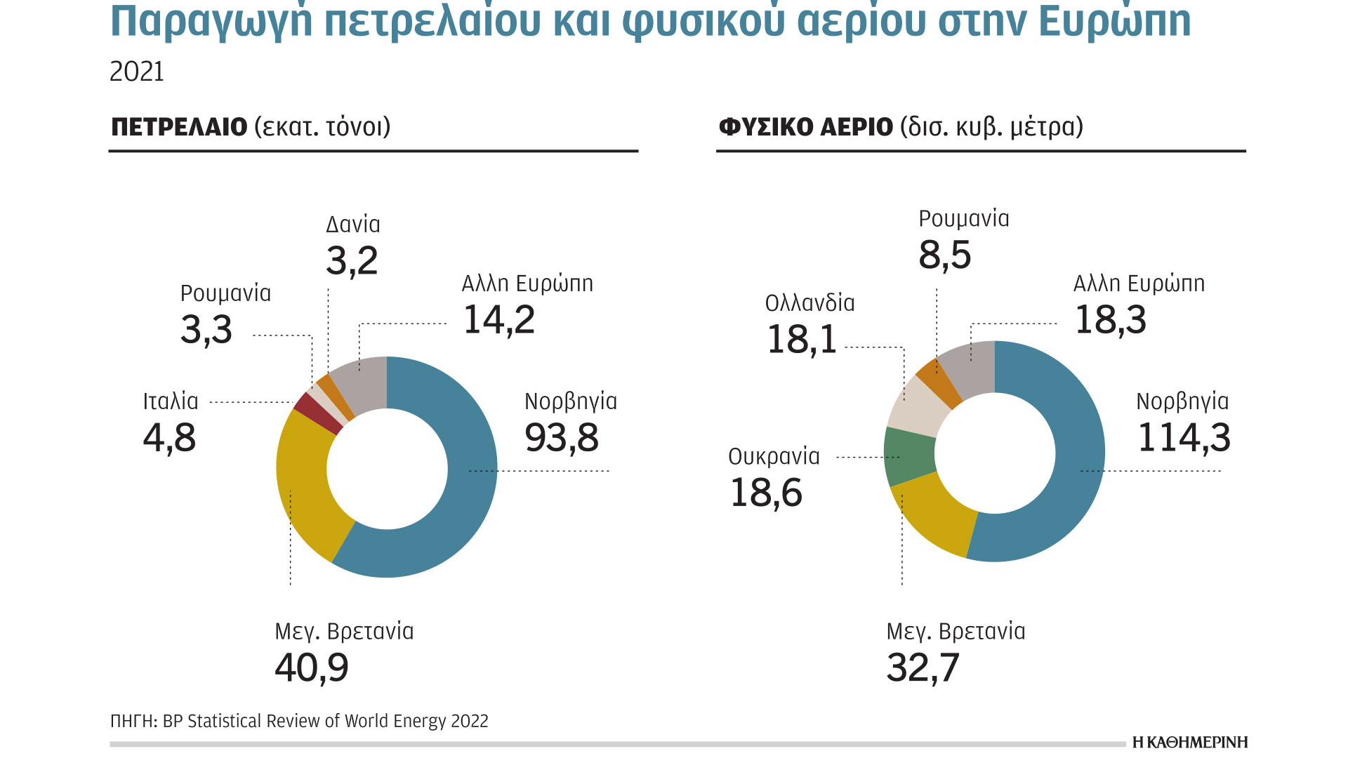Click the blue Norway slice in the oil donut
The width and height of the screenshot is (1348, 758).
coord(463,477)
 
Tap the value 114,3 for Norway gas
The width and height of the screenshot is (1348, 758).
coord(1184,437)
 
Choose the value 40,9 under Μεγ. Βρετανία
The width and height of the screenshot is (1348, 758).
coord(312,667)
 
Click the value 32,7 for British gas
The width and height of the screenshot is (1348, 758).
coord(923,667)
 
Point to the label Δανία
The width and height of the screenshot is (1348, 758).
coord(353,225)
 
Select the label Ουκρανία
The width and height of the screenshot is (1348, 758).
coord(774,457)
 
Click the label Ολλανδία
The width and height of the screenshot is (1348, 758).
coord(810,303)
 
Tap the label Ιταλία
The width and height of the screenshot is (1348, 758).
coord(171,401)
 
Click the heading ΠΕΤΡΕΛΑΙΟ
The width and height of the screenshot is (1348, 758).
coord(179,127)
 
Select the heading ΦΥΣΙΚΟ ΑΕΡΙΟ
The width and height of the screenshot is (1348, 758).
coord(805,127)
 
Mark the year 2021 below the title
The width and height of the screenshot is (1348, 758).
coord(137,72)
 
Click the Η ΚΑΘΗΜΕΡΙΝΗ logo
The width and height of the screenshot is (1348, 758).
coord(1190,743)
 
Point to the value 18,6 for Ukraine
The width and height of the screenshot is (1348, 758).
coord(766,493)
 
